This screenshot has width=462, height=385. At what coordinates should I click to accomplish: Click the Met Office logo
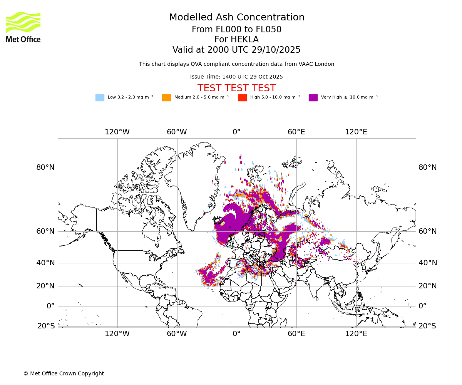(23, 27)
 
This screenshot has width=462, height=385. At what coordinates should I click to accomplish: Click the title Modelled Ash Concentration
(236, 18)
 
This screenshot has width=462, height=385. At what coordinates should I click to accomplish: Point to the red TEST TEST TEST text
(236, 88)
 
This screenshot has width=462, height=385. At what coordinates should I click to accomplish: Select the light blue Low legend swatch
(100, 98)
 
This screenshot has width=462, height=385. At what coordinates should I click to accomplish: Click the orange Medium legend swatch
(166, 98)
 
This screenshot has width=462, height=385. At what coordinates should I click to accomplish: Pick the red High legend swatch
(242, 98)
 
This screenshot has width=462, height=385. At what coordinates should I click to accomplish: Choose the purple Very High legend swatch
(313, 98)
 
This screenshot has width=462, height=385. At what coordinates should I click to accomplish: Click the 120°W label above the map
(117, 132)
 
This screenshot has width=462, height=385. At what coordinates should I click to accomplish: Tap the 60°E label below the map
(296, 333)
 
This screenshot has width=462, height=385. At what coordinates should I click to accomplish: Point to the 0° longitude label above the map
(236, 132)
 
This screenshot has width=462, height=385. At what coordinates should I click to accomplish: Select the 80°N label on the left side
(45, 167)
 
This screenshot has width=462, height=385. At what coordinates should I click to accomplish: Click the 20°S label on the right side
(427, 326)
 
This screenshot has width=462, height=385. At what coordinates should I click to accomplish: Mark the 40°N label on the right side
(428, 263)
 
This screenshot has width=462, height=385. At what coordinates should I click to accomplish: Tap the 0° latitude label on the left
(50, 306)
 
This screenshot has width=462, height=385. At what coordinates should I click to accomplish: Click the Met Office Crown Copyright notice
(64, 373)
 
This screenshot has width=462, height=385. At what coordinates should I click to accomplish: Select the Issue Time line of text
(236, 77)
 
